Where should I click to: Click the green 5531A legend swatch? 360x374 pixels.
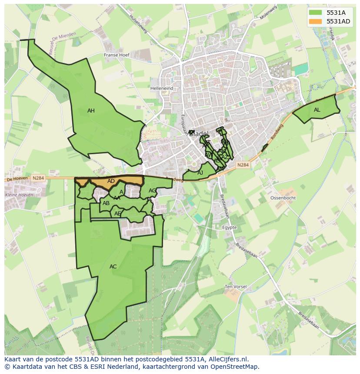tap(316, 13)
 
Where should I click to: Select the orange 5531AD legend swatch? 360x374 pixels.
tap(316, 21)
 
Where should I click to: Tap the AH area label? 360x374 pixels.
tap(91, 111)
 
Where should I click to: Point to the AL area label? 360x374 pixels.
tap(317, 110)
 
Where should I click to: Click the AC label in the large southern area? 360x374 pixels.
tap(113, 267)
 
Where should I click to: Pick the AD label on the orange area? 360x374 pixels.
tap(111, 181)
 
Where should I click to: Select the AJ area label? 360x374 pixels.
tap(200, 173)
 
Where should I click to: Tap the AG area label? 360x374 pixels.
tap(152, 191)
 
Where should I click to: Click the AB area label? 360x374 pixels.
tap(106, 203)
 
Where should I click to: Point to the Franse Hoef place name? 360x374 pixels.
tap(117, 55)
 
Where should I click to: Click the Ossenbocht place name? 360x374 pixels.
tap(283, 198)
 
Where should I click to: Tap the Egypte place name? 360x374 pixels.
tap(229, 228)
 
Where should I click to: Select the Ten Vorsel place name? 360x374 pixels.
tap(236, 287)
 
